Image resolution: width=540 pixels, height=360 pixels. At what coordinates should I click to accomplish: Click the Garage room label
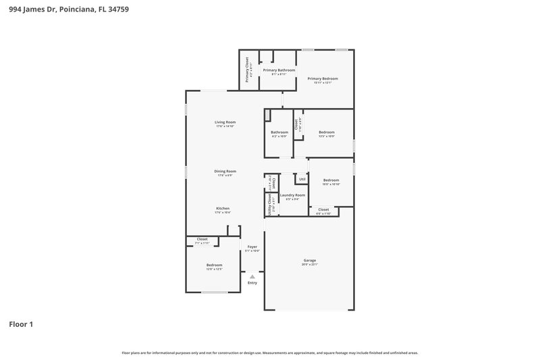(x=310, y=260)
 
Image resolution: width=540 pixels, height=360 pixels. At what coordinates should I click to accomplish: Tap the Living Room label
(x=225, y=122)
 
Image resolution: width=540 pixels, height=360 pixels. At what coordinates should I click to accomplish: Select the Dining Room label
(x=225, y=171)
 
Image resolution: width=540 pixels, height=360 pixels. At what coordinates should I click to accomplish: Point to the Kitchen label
(x=223, y=208)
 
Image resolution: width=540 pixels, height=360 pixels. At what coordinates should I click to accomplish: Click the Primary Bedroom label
(x=323, y=78)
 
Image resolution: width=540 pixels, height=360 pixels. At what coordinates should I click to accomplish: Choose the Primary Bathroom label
(x=279, y=70)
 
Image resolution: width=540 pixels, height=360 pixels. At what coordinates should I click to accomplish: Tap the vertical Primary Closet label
(x=247, y=69)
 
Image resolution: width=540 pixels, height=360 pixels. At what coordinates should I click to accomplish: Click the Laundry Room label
(x=292, y=195)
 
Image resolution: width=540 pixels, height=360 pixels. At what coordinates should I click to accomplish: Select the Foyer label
(x=252, y=247)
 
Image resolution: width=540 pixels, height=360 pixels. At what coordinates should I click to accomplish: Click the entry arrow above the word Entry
(x=252, y=276)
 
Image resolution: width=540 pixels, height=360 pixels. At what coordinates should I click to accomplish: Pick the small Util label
(x=302, y=179)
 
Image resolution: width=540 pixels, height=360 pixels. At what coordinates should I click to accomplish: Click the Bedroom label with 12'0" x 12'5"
(x=214, y=265)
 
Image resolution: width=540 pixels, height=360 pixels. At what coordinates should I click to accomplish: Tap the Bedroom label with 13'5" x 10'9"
(x=326, y=132)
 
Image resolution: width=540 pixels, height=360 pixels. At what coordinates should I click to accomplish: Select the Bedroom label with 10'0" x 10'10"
(x=331, y=180)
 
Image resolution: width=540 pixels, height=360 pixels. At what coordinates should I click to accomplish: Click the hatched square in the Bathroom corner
(x=268, y=114)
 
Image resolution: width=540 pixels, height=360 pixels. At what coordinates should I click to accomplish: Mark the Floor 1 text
(x=21, y=324)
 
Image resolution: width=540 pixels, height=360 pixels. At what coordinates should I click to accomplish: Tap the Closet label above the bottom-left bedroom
(x=202, y=239)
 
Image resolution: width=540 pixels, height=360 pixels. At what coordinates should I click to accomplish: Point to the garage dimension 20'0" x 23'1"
(x=310, y=264)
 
